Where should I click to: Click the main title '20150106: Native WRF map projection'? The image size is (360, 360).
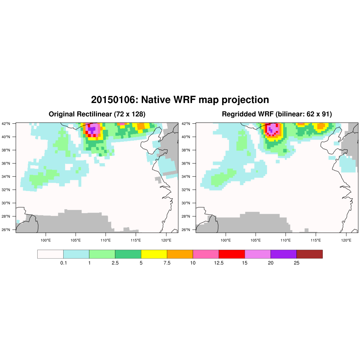coord(180,100)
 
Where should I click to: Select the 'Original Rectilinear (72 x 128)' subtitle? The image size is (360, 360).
coord(97,114)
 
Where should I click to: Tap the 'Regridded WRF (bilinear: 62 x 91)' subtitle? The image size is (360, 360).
coord(277,114)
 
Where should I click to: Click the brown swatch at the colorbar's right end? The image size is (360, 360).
coord(309,254)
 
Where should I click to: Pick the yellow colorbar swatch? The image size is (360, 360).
coord(154,254)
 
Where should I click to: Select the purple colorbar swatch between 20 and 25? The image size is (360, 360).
coord(283,254)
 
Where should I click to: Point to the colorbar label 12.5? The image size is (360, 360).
coord(219,263)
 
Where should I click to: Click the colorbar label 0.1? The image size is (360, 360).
coord(63,263)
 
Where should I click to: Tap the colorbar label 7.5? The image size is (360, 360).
coord(167,263)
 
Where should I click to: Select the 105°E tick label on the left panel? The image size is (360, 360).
coord(76,240)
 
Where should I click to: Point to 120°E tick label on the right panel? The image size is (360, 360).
coord(346,240)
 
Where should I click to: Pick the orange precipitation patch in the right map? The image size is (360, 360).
coord(321,126)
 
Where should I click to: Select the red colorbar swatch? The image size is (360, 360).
coord(232,254)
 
